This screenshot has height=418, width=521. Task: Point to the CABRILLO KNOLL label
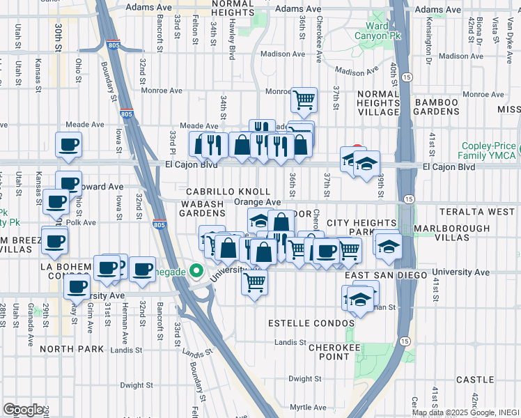pyautogui.click(x=228, y=192)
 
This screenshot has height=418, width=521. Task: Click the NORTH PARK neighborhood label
pyautogui.click(x=66, y=348)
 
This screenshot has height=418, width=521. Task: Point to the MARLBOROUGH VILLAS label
pyautogui.click(x=450, y=233)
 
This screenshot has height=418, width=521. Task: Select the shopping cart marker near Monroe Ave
pyautogui.click(x=304, y=100)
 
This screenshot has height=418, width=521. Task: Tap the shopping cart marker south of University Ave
pyautogui.click(x=254, y=282)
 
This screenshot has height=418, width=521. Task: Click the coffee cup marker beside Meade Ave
pyautogui.click(x=68, y=145)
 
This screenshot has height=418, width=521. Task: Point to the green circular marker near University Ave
pyautogui.click(x=197, y=271)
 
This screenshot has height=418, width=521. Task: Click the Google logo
pyautogui.click(x=23, y=409)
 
